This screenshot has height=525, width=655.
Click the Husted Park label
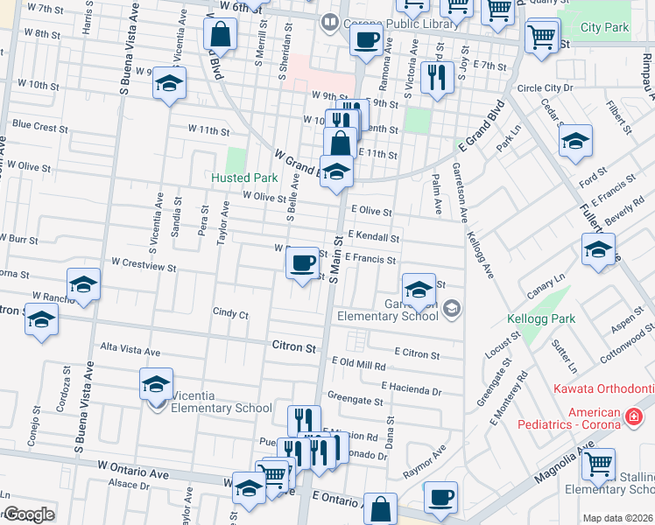[244, 178]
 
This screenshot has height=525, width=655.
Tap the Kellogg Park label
[541, 318]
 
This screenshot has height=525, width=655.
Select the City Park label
[604, 28]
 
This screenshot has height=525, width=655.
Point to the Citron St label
[297, 347]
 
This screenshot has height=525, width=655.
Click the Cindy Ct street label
[230, 313]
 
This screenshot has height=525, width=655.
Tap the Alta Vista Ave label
[130, 351]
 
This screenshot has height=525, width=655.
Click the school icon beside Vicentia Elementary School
[156, 384]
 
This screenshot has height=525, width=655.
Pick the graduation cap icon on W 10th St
[169, 84]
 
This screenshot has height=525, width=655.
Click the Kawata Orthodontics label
[604, 388]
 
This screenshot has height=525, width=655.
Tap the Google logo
[28, 514]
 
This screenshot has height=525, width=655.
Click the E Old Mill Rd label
[359, 362]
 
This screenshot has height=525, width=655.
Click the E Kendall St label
[373, 236]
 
